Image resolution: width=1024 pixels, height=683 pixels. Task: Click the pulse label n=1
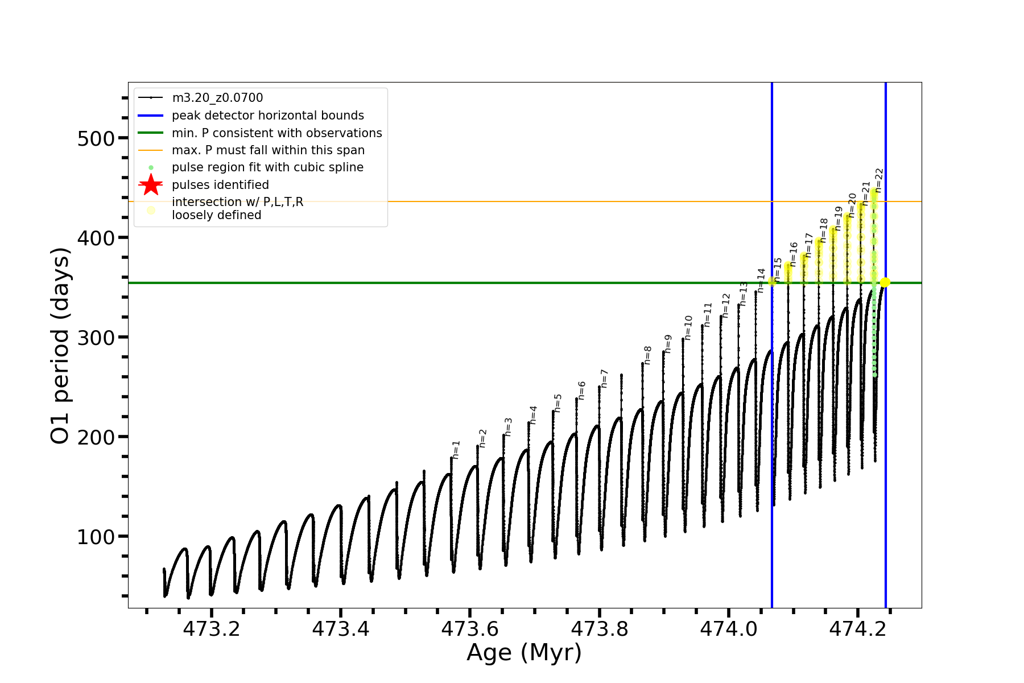click(456, 450)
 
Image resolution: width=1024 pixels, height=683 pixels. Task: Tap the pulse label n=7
click(605, 378)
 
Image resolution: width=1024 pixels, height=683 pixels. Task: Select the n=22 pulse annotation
click(880, 180)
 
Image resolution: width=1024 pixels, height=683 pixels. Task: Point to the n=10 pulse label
click(688, 328)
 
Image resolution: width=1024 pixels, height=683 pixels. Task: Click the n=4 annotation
click(533, 415)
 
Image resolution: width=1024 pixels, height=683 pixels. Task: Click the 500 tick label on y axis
click(96, 138)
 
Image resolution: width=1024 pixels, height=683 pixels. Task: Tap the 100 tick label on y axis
click(96, 537)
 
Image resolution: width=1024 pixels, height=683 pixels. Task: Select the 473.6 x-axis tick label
click(470, 629)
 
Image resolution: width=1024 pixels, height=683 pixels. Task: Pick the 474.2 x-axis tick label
click(858, 629)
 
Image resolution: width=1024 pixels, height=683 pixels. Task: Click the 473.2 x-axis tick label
click(211, 629)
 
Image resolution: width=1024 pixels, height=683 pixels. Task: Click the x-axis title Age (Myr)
click(524, 653)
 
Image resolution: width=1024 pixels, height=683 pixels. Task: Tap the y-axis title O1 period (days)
click(60, 345)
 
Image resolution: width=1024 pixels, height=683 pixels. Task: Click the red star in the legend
click(151, 184)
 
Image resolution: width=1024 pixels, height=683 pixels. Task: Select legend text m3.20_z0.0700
click(217, 98)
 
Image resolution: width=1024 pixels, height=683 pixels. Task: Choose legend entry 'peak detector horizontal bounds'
click(267, 116)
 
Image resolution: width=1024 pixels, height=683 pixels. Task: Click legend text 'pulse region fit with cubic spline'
click(267, 167)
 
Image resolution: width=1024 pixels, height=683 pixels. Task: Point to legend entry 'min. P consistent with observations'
click(276, 133)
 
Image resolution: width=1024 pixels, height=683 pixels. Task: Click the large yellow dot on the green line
click(885, 282)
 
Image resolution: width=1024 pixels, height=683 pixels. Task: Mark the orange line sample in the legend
click(151, 150)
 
